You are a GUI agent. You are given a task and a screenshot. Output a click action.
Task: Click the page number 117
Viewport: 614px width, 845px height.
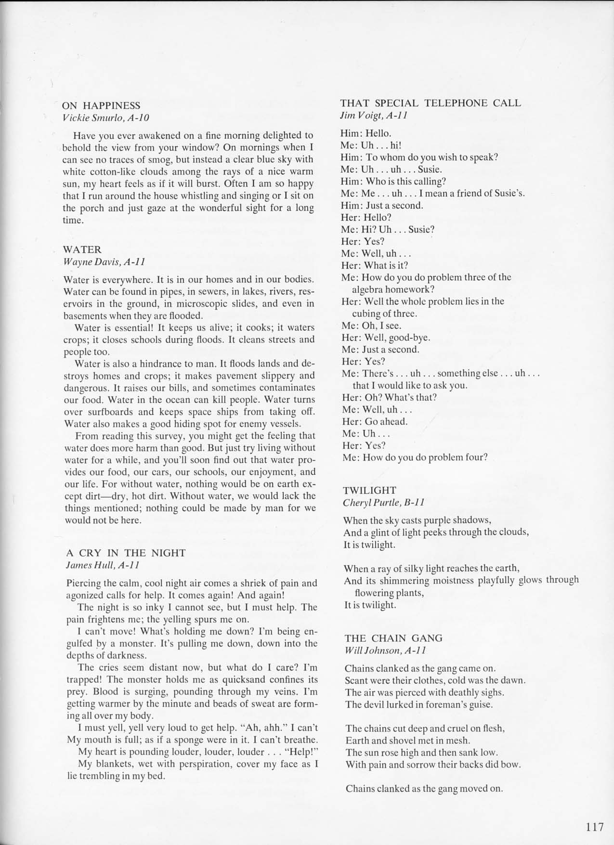click(595, 827)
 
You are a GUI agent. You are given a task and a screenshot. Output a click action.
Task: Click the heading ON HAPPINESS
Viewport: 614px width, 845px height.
click(101, 105)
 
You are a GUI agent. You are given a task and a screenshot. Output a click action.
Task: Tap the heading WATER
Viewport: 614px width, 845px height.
click(82, 249)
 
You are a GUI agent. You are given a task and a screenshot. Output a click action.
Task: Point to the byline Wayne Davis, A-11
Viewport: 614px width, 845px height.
click(104, 261)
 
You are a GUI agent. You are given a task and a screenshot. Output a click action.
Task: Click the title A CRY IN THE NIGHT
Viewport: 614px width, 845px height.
click(126, 553)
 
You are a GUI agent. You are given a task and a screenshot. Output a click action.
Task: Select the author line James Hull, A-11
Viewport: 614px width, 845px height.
click(103, 565)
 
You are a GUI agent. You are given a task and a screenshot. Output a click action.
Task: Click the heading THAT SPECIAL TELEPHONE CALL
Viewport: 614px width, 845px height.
click(431, 103)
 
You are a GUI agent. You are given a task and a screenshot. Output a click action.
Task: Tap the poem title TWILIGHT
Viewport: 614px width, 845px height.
click(369, 490)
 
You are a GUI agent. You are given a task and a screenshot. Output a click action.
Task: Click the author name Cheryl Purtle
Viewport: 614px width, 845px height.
click(371, 502)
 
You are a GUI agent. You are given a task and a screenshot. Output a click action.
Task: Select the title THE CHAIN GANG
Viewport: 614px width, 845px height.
click(393, 638)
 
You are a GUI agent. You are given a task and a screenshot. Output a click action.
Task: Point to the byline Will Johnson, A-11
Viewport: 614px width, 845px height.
click(385, 650)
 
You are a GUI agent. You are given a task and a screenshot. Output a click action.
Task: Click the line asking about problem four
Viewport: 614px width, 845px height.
click(415, 457)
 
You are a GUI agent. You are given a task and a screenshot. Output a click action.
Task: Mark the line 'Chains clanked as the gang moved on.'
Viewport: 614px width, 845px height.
click(424, 788)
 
